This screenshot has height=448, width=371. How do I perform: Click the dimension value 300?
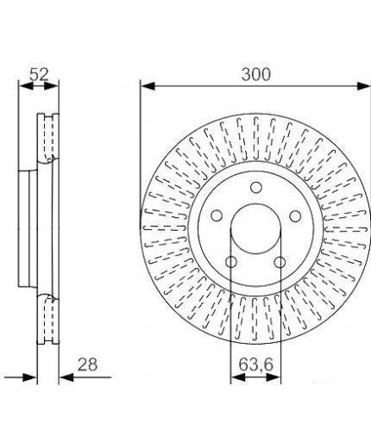[256, 74]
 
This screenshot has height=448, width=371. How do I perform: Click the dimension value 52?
[39, 75]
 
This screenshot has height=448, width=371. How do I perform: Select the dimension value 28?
[88, 364]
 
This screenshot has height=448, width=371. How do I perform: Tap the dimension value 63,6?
[255, 364]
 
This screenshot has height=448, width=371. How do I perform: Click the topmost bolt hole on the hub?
[256, 188]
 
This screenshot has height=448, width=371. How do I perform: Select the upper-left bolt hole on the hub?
[217, 215]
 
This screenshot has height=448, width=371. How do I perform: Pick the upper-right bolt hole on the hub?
[295, 216]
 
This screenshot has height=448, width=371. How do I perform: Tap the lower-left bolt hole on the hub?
[231, 262]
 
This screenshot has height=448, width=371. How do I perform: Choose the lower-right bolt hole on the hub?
[280, 262]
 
